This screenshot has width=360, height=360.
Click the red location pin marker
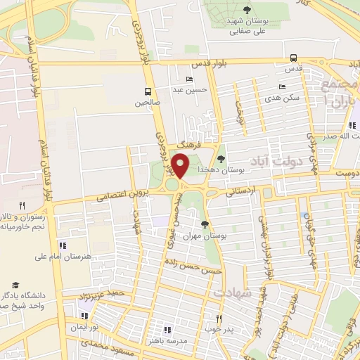pos(181,167)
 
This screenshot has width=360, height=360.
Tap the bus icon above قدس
pos(293,59)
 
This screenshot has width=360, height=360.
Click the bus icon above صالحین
pos(148,91)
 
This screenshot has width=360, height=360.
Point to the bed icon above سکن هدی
pos(282,86)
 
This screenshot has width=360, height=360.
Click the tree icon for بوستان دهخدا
pos(221,159)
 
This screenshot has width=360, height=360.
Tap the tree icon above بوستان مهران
pos(204,224)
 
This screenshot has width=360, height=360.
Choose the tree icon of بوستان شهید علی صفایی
pos(247,9)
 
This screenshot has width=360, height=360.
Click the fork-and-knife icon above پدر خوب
pos(219,318)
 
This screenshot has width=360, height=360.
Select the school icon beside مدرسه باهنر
pos(167,329)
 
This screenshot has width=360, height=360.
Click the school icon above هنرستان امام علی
pos(63,245)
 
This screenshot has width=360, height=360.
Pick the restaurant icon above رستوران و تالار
pos(22,205)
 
